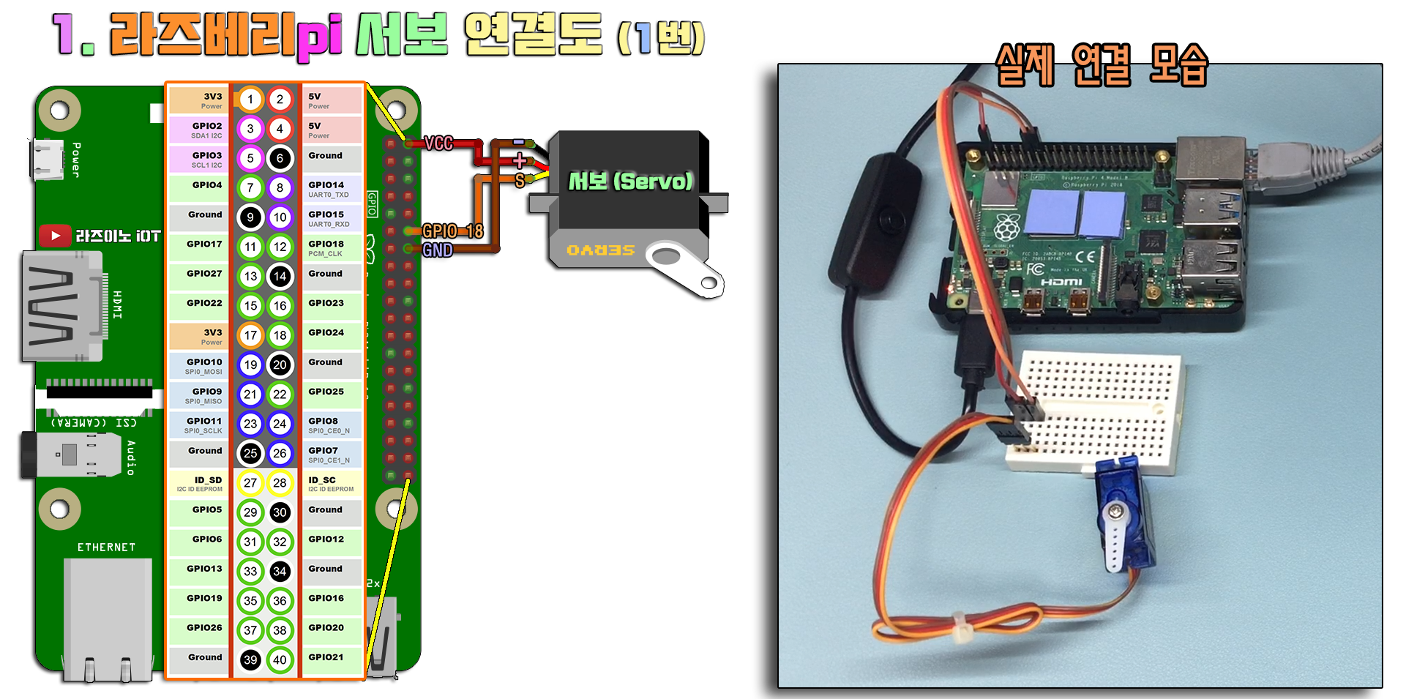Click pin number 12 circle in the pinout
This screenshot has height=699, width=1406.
[280, 247]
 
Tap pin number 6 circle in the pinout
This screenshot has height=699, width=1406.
[280, 158]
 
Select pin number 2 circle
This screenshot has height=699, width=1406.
[280, 100]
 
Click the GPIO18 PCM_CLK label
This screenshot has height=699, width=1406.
[326, 247]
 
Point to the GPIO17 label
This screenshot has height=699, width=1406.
[204, 244]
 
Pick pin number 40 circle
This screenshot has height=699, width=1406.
[280, 659]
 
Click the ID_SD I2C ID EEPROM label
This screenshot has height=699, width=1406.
[201, 483]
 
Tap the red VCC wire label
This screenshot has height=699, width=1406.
[438, 143]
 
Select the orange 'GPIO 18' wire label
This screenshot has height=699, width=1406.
[452, 231]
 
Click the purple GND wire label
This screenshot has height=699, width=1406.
[438, 250]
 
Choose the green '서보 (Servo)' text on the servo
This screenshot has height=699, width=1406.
[630, 181]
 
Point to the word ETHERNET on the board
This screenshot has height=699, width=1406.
[107, 547]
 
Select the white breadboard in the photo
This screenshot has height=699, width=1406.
[1094, 410]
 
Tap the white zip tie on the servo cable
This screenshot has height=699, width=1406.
[960, 627]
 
